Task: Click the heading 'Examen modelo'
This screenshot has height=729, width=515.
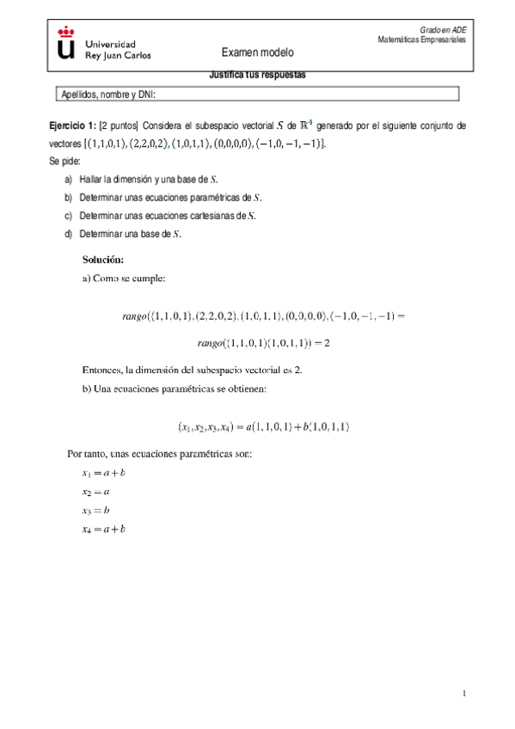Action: [257, 52]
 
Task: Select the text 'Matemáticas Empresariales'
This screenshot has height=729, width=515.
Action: [421, 40]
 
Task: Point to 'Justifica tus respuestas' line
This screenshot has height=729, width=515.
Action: [257, 74]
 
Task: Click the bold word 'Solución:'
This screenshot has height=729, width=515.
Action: [103, 259]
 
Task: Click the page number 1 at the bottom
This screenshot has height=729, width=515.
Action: [463, 693]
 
